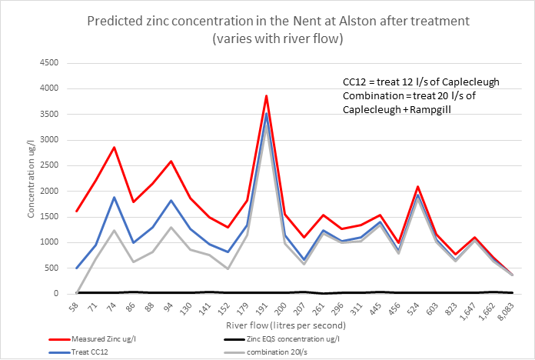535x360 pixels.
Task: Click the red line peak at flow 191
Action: [266, 96]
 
